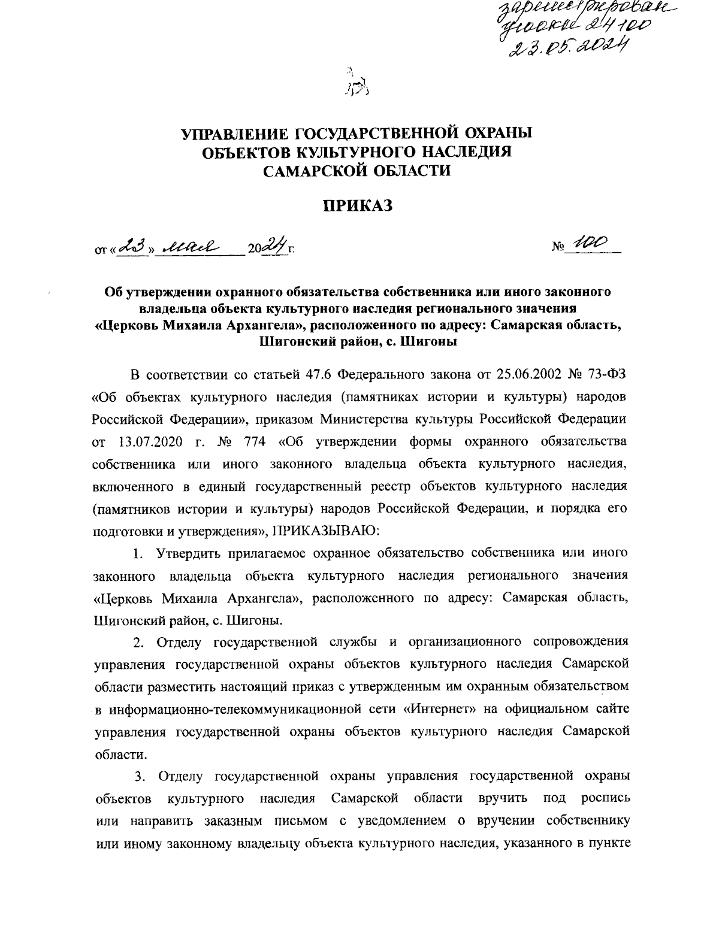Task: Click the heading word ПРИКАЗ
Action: point(358,207)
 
